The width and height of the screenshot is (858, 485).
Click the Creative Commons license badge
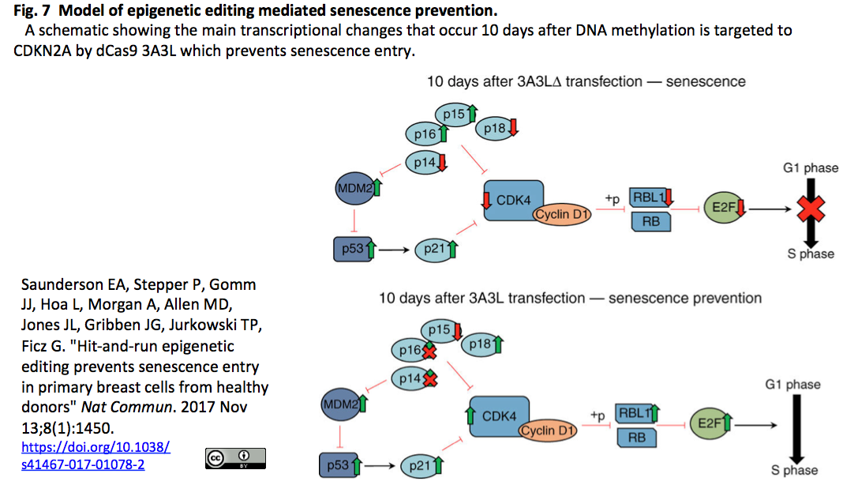point(235,458)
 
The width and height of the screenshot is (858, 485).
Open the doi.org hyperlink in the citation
point(96,456)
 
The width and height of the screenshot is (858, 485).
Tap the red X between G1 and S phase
point(811,209)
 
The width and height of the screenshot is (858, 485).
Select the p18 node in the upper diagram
point(496,129)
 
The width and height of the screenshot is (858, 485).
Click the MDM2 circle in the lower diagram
point(342,404)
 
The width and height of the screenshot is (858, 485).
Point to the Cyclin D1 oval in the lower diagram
point(548,430)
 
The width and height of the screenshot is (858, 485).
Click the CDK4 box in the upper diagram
point(513,201)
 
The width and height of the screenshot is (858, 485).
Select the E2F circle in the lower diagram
point(710,423)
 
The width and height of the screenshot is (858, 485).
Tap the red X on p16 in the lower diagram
point(429,351)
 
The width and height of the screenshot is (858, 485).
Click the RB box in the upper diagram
point(651,222)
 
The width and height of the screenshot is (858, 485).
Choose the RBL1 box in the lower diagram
point(636,414)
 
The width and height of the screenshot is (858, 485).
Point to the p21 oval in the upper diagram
point(436,250)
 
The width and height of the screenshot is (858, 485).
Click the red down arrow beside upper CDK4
point(486,200)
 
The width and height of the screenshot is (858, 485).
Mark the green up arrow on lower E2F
point(727,422)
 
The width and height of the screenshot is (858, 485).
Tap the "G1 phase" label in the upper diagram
point(811,168)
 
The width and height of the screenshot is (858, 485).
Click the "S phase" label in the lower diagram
point(794,470)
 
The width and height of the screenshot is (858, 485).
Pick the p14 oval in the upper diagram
point(426,163)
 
